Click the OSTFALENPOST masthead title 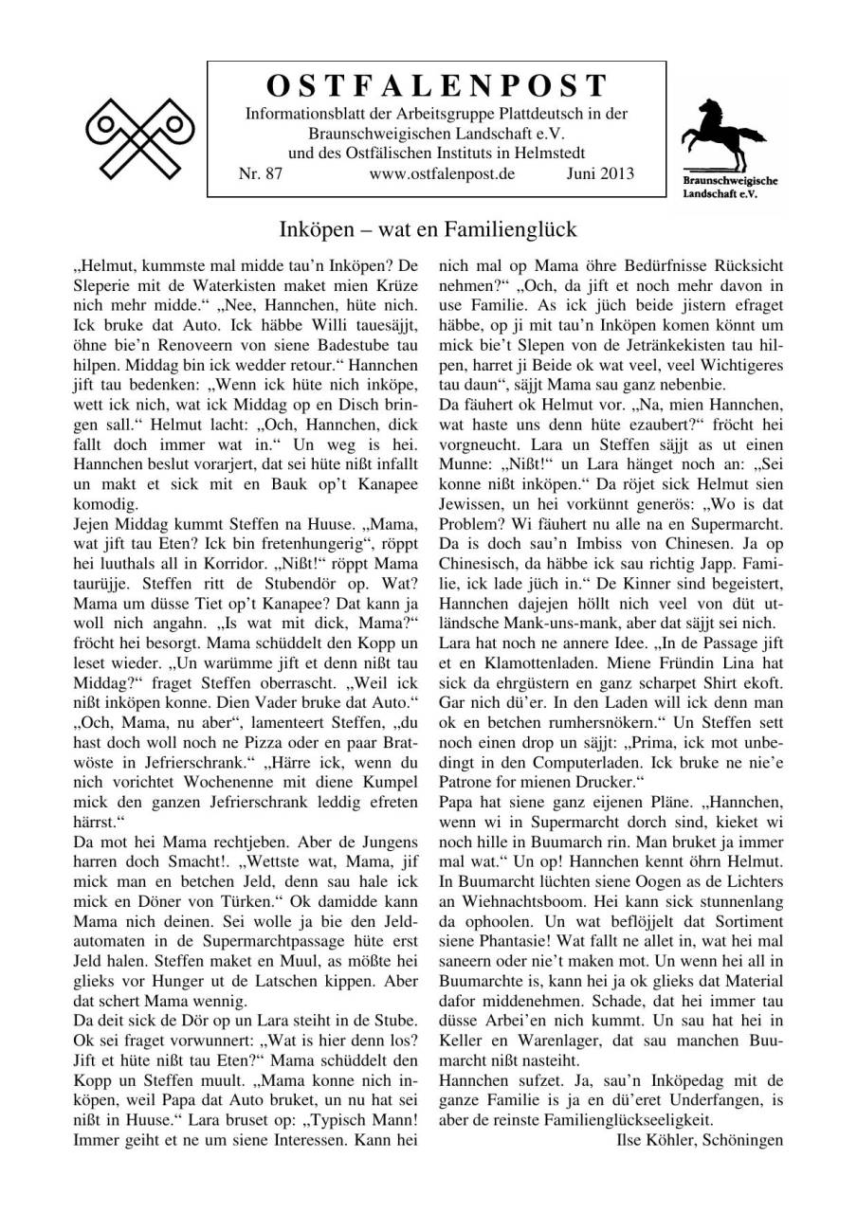[x=437, y=86]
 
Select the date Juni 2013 [x=600, y=173]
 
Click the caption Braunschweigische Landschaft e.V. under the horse [x=730, y=186]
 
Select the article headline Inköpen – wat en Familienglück [x=428, y=229]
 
